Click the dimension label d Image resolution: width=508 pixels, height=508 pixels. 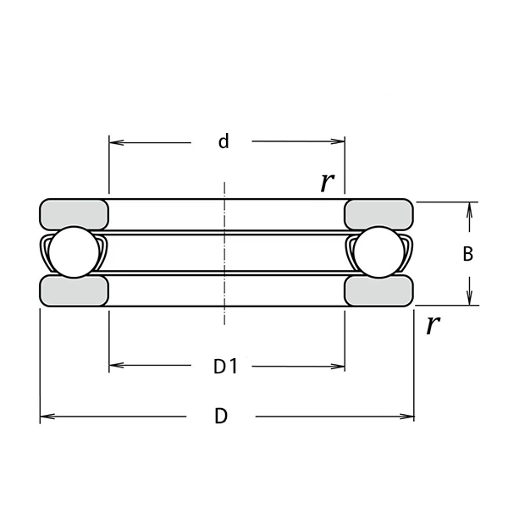(x=224, y=141)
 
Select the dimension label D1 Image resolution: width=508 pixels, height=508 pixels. (x=226, y=367)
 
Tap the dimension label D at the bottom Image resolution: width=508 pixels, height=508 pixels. (x=221, y=416)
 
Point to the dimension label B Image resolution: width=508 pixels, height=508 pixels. (x=468, y=254)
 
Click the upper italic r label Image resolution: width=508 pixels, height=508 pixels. (x=327, y=182)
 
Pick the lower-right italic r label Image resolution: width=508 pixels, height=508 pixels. (x=433, y=324)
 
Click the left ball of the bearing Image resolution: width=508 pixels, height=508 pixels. (x=74, y=252)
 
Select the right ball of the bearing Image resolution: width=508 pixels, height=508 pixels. (x=379, y=252)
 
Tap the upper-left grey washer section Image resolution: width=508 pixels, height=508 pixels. (x=74, y=214)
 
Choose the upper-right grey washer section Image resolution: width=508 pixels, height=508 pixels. (x=378, y=214)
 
